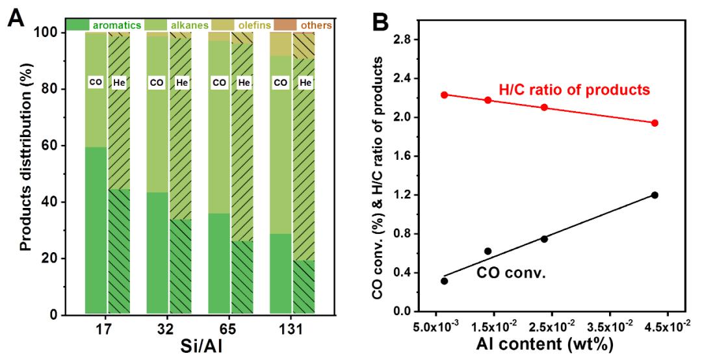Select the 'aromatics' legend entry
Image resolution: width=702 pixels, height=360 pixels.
(x=117, y=25)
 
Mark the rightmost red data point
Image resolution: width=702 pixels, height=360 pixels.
(x=655, y=123)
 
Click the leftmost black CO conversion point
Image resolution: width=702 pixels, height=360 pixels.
(x=444, y=281)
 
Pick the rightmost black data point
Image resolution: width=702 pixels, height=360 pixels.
(x=655, y=195)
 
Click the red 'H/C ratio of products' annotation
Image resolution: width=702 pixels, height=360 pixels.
(x=574, y=90)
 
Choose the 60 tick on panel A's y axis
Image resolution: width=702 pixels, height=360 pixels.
(x=64, y=146)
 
